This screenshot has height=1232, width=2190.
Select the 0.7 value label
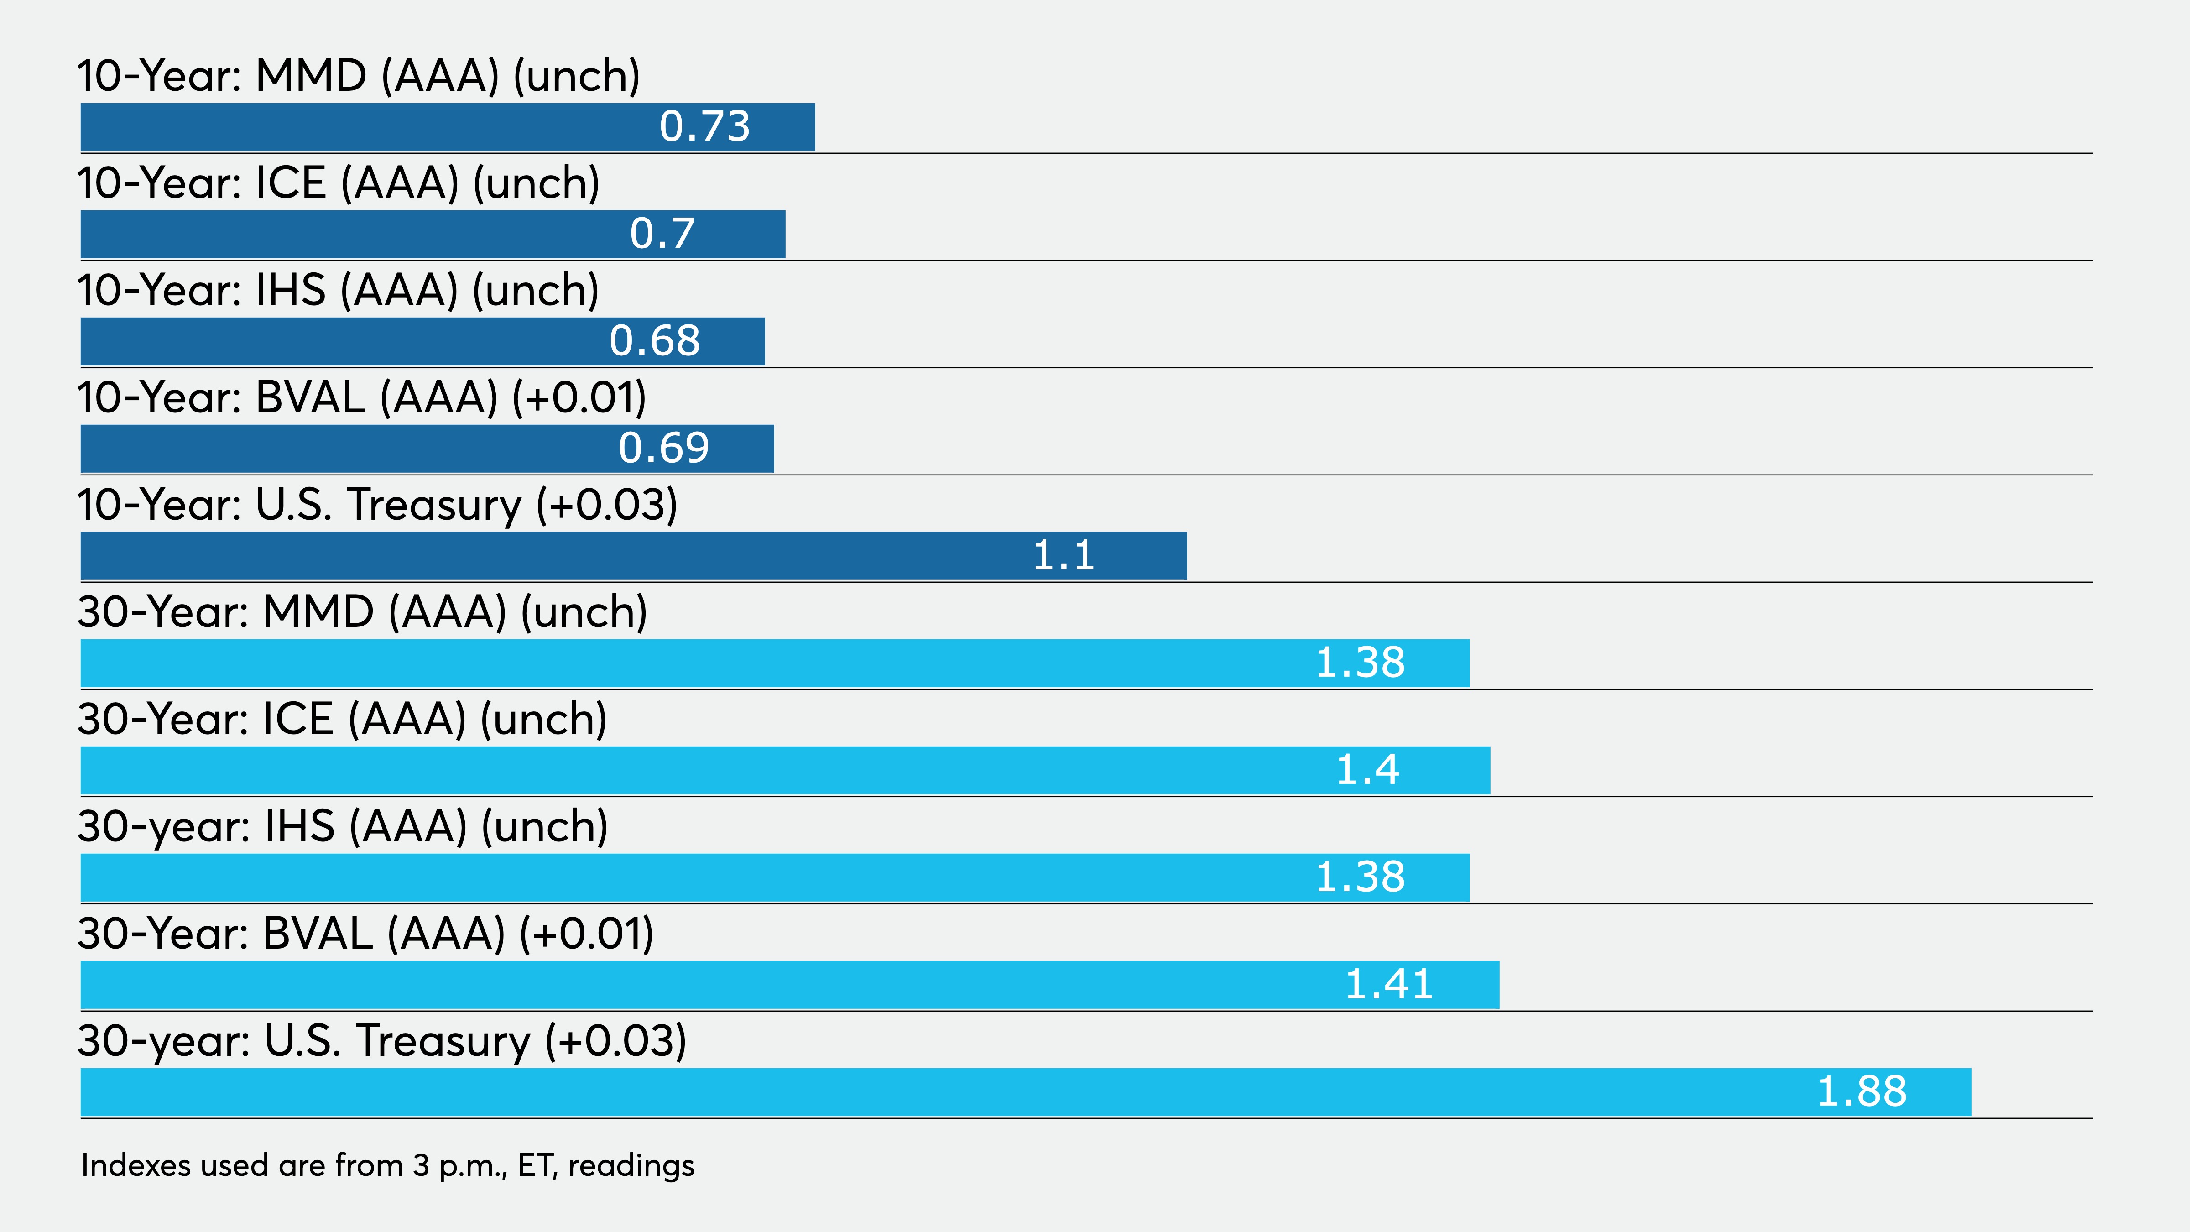pyautogui.click(x=662, y=234)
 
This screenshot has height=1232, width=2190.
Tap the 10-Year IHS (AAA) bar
pyautogui.click(x=422, y=342)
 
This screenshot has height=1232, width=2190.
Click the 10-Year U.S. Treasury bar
pyautogui.click(x=633, y=556)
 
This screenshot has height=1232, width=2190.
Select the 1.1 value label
pyautogui.click(x=1064, y=555)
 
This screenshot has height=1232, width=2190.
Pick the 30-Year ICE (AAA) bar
pyautogui.click(x=786, y=770)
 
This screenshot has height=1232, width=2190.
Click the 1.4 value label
pyautogui.click(x=1368, y=769)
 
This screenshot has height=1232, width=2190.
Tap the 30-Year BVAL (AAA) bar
pyautogui.click(x=790, y=985)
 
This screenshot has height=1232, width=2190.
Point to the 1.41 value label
pyautogui.click(x=1389, y=984)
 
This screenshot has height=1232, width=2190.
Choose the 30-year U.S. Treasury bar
pyautogui.click(x=1026, y=1092)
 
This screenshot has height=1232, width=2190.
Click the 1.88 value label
pyautogui.click(x=1862, y=1091)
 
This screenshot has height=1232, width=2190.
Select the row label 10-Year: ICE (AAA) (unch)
pyautogui.click(x=339, y=183)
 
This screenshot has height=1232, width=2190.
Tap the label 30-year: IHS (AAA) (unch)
pyautogui.click(x=343, y=826)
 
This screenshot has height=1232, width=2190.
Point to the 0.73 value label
pyautogui.click(x=705, y=127)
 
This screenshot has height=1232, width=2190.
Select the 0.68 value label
pyautogui.click(x=655, y=341)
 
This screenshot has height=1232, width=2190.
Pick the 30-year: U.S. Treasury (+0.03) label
pyautogui.click(x=382, y=1041)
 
